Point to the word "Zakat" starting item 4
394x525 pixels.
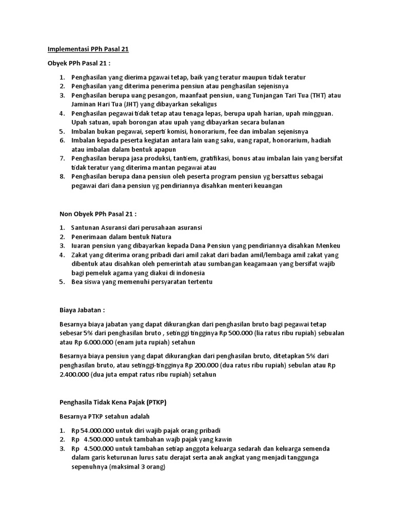point(80,255)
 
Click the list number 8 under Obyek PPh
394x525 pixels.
point(61,177)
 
